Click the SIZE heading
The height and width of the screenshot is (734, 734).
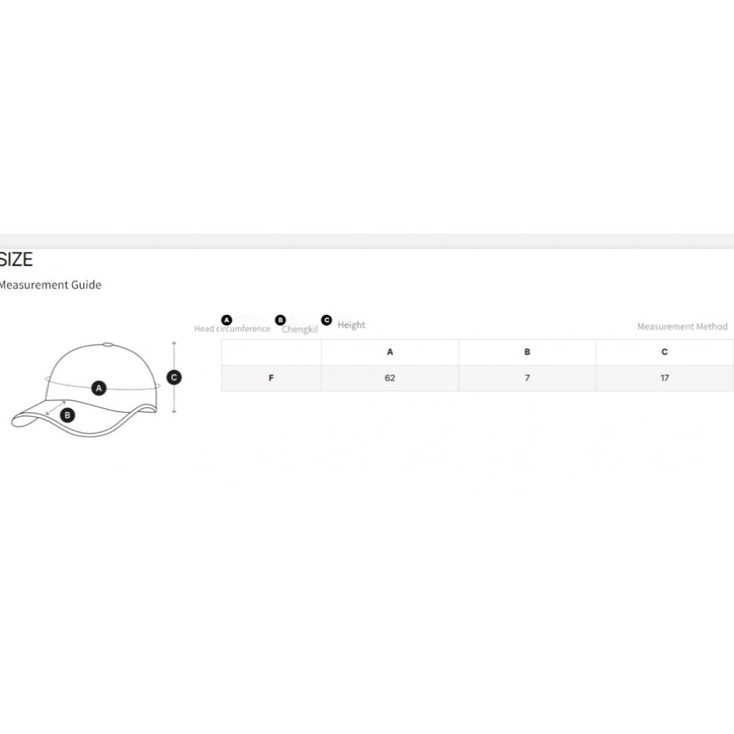point(16,259)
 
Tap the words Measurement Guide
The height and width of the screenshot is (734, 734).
point(50,285)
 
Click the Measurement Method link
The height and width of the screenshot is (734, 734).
point(682,327)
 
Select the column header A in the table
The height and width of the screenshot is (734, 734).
point(390,352)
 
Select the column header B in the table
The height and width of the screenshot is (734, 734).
point(527,352)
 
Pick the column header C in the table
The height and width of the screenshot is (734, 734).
point(664,352)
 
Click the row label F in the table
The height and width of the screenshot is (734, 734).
point(271,378)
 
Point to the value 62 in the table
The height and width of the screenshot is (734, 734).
point(390,378)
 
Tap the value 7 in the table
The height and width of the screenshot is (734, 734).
point(527,378)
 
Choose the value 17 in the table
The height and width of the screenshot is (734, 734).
point(665,378)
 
